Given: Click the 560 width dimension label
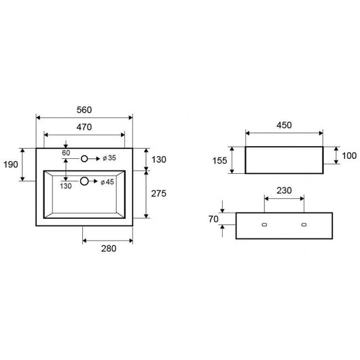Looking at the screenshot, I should point(84,109).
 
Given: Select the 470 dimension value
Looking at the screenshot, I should point(84,126).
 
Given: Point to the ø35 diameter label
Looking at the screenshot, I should point(109,158).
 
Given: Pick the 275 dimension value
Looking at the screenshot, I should point(158,194).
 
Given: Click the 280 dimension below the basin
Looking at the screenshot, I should point(107,248).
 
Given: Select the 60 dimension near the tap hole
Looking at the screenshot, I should point(66,153).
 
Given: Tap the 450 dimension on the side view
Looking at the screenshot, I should point(284,124).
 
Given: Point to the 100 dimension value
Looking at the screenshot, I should point(349,156).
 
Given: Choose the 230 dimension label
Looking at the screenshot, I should point(284,191).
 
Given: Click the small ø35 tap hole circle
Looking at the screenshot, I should point(84,158).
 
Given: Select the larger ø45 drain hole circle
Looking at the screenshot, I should point(84,181).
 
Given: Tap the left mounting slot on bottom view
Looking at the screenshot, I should point(265,223).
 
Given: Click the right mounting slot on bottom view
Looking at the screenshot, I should point(304,223).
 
